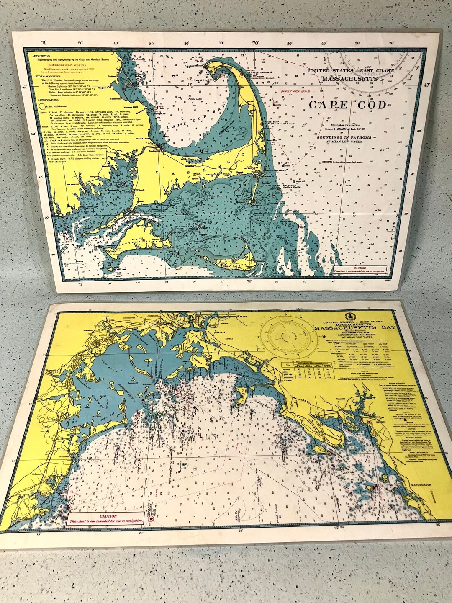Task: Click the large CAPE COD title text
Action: pyautogui.click(x=347, y=105)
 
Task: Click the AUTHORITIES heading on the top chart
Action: pyautogui.click(x=38, y=56)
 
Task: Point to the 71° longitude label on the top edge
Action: pyautogui.click(x=44, y=43)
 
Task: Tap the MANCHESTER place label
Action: pyautogui.click(x=420, y=485)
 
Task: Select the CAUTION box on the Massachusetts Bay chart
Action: pyautogui.click(x=105, y=518)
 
